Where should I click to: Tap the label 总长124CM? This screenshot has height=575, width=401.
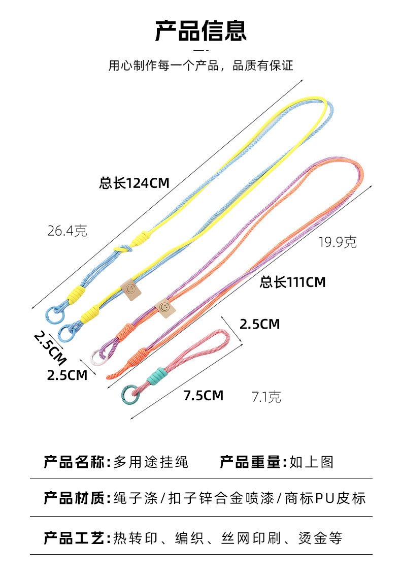(134, 183)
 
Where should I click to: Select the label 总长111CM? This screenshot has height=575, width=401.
(292, 281)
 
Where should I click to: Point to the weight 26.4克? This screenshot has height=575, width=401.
(67, 231)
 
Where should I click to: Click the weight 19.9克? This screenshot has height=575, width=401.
(338, 242)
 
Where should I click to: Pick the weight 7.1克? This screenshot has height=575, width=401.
(266, 397)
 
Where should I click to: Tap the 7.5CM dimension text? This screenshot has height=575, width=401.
(203, 395)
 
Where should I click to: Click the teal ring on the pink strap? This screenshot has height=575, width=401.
(129, 394)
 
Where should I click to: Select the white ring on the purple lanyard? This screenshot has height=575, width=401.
(97, 358)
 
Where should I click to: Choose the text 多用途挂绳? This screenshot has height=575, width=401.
(151, 462)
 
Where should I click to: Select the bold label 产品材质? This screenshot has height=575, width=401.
(74, 498)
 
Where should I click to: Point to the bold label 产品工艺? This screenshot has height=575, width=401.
(74, 537)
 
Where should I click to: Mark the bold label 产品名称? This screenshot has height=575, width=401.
(74, 462)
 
